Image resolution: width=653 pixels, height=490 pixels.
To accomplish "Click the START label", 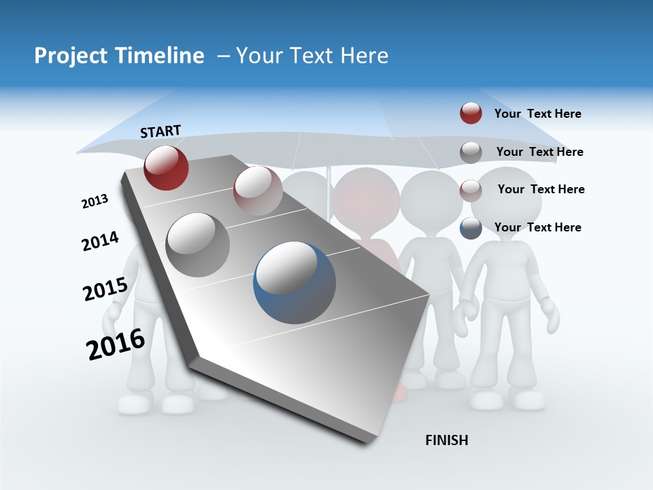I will coord(161,131).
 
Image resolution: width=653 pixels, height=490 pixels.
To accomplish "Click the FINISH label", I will coord(446,440).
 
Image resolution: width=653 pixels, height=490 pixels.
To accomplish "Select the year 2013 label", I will coord(95,201).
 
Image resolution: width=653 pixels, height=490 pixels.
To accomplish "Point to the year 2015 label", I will coord(105,289).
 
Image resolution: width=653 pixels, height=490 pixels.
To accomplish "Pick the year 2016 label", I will coord(116,344).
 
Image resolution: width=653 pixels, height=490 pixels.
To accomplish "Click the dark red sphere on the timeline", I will coord(166,167).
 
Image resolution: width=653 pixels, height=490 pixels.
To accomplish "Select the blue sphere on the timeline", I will coord(295,282).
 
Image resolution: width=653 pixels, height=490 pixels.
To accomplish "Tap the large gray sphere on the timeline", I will coord(198,245).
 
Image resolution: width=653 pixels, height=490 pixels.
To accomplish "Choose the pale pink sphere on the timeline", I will coord(258,191).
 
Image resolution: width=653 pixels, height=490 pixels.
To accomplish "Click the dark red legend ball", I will coord(471,114).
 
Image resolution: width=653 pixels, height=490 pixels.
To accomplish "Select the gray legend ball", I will coord(471,152).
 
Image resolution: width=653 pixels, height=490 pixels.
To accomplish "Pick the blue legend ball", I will coord(471,228).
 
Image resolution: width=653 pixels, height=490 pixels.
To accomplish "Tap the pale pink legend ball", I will coord(471,190).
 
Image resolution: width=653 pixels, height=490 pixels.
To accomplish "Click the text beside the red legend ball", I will coord(537,114).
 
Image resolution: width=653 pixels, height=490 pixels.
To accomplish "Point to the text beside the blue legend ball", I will coord(537,227).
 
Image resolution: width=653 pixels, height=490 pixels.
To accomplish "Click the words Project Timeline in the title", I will coord(119,56).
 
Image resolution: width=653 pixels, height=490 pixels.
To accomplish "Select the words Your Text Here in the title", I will coord(312,56).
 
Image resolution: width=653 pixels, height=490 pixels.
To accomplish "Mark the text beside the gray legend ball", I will coord(539,152).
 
